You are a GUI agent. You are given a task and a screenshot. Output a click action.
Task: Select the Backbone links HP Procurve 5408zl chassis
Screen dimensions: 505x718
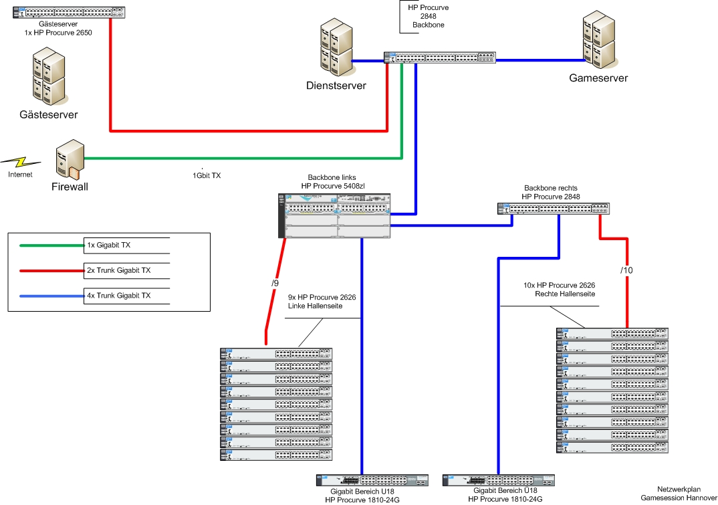(x=334, y=215)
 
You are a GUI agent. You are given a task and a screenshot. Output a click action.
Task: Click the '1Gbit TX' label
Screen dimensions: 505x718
(x=207, y=175)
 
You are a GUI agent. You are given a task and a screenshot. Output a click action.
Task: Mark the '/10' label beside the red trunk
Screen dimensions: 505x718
(x=626, y=270)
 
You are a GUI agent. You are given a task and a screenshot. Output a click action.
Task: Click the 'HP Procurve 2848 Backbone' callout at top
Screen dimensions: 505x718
(x=429, y=16)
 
